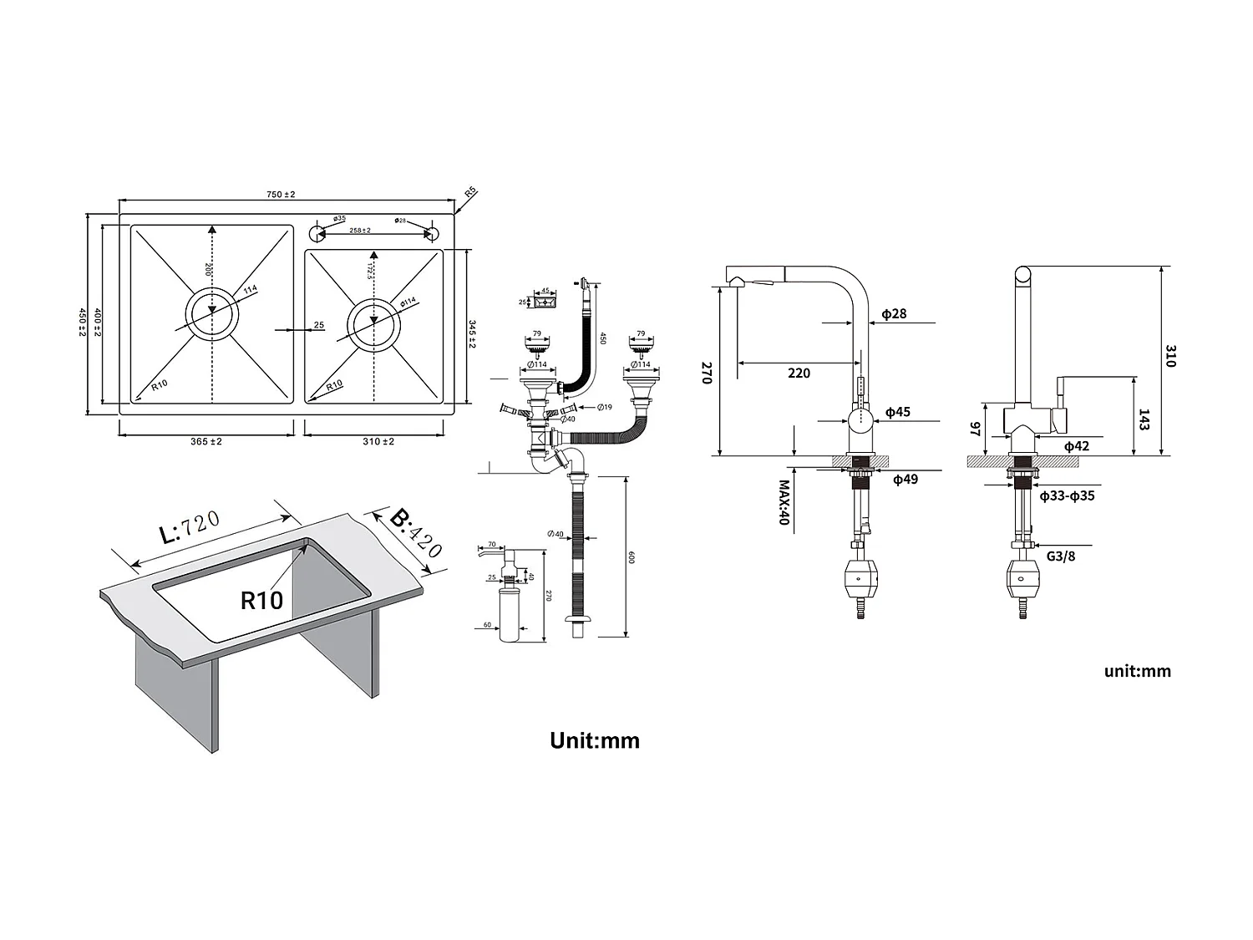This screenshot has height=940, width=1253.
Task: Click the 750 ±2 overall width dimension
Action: (x=281, y=195)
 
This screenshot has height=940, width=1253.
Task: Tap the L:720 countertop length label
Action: (x=190, y=528)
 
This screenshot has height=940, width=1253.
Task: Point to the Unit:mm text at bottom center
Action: (x=594, y=740)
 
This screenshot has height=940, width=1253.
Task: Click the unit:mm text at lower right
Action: (x=1137, y=671)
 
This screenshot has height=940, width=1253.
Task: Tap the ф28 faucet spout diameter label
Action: (x=894, y=315)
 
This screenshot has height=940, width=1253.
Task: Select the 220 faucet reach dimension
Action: (x=799, y=373)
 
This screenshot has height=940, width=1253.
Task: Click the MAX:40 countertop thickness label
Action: (x=784, y=502)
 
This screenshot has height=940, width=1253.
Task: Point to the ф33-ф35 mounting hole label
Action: (x=1067, y=496)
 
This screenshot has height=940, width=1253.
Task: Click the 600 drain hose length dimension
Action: (x=632, y=558)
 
